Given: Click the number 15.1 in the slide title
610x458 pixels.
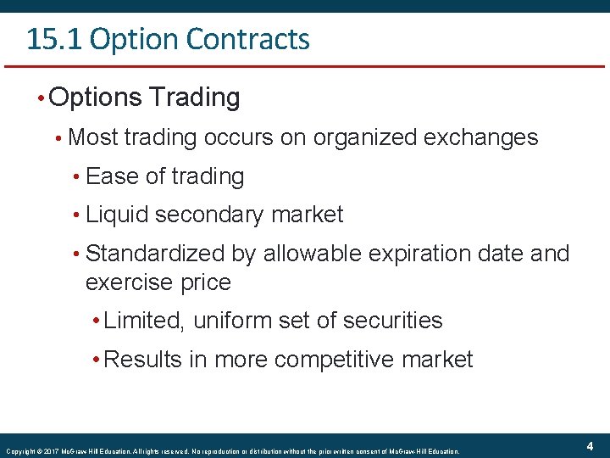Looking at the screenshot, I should click(54, 39).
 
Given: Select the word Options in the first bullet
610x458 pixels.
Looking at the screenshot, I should click(96, 98).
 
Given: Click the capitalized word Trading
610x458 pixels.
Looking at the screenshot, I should click(195, 98).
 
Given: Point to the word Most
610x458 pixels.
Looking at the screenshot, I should click(92, 137).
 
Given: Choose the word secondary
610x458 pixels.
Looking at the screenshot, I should click(212, 215).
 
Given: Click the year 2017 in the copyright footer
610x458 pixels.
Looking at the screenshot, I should click(50, 451).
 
